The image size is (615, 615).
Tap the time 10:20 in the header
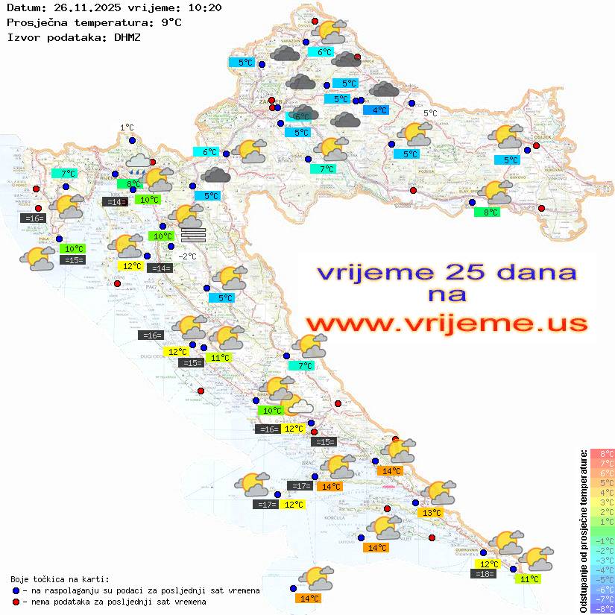coord(206,8)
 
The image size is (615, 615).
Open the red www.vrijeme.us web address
coord(446,324)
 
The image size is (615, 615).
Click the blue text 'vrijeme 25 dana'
coord(446,271)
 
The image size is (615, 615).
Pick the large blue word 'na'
coord(447,295)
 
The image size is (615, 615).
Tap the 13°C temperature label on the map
coord(432,512)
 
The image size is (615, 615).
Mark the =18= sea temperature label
coord(484,574)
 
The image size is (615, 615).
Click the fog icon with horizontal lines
coord(193,235)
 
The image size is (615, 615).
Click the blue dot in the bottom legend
coord(17,590)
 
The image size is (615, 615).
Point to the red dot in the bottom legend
coord(17,601)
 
